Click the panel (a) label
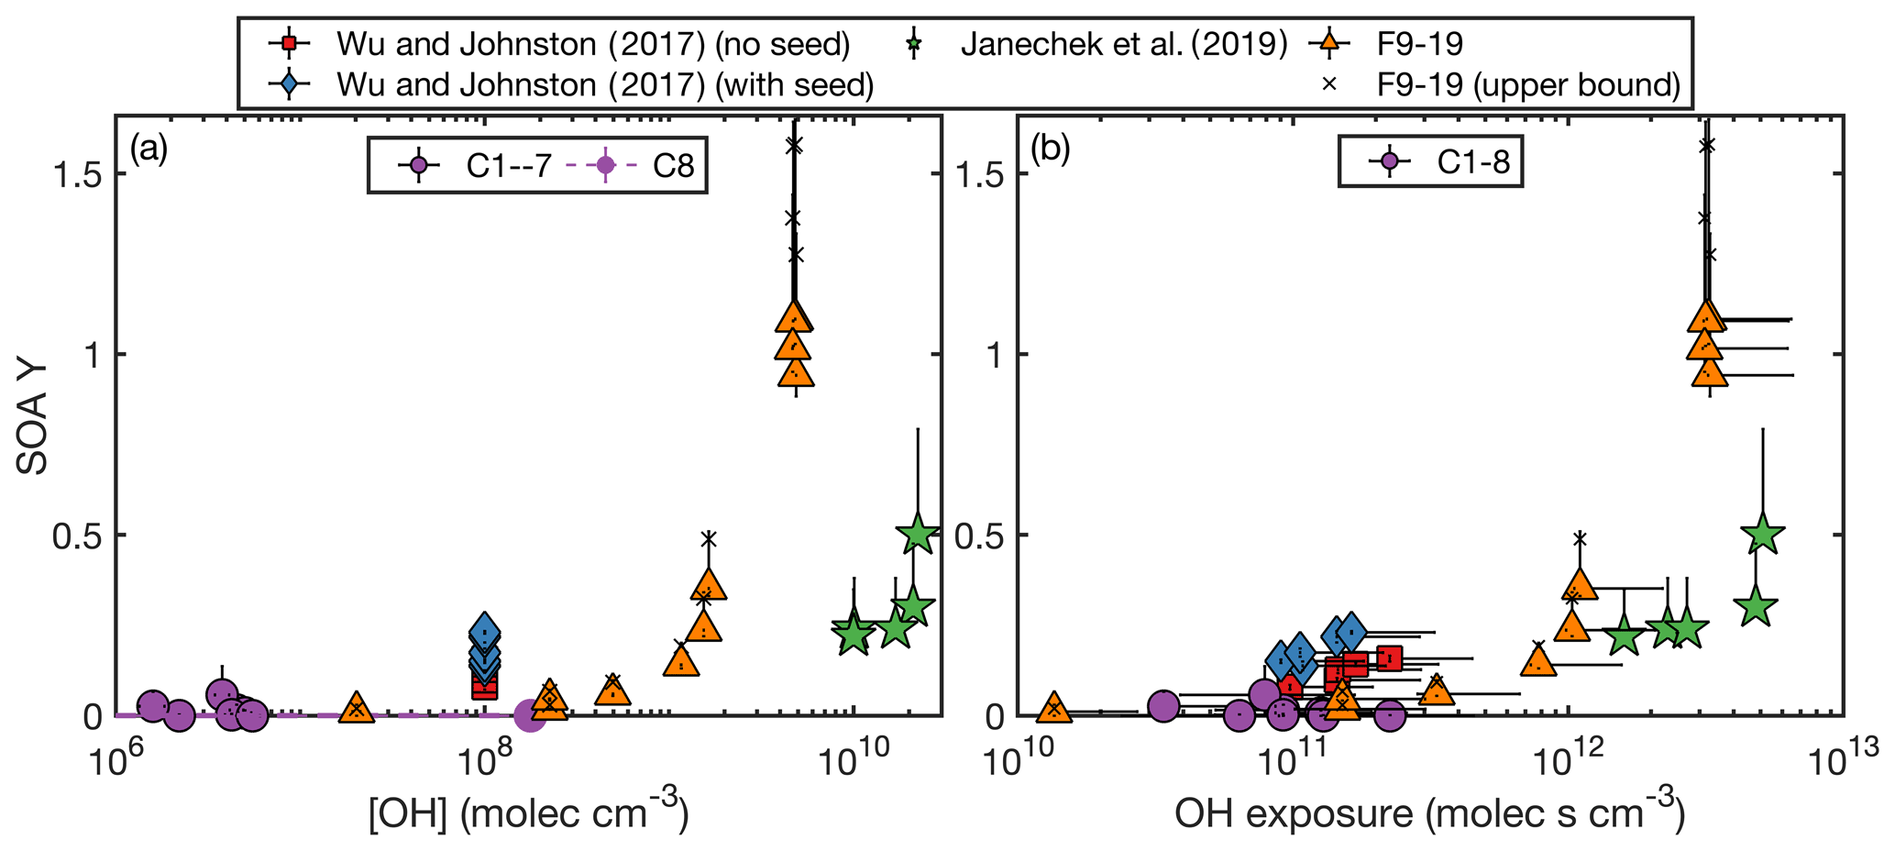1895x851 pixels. click(x=149, y=149)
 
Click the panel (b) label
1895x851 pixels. click(x=1051, y=149)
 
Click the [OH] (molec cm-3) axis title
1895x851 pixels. click(x=528, y=812)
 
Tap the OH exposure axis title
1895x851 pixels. click(x=1430, y=812)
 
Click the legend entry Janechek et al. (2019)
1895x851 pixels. click(x=1124, y=43)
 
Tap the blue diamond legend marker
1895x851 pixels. click(x=289, y=84)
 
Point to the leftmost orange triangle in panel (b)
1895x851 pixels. click(x=1054, y=707)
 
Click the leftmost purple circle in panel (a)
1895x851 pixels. click(x=153, y=705)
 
